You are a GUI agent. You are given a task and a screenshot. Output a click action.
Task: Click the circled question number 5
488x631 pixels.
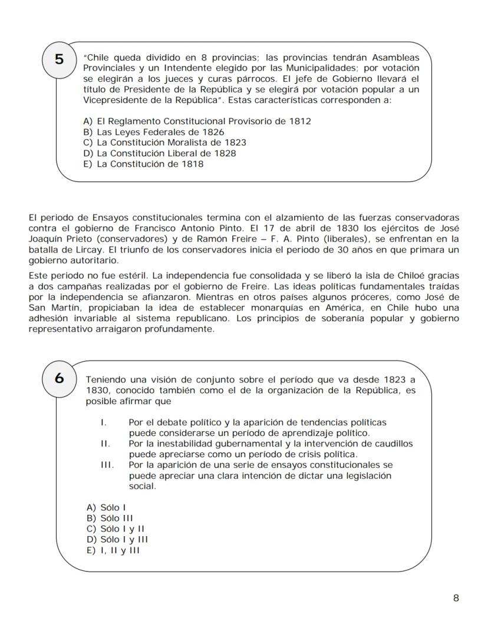click(60, 60)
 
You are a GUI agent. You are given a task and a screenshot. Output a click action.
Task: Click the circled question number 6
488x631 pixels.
click(60, 378)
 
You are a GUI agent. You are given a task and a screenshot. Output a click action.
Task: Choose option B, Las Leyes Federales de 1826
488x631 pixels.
click(154, 132)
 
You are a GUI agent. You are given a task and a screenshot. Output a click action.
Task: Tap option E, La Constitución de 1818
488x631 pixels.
click(144, 164)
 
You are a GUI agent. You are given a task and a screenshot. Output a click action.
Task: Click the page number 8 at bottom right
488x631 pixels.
click(456, 598)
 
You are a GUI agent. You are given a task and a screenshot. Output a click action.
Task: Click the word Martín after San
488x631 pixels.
click(65, 307)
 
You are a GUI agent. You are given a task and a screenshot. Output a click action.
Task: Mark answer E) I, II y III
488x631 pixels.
click(113, 550)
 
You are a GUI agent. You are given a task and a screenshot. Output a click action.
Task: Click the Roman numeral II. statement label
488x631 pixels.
click(105, 444)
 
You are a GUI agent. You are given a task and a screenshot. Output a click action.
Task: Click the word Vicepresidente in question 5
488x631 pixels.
click(115, 100)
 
